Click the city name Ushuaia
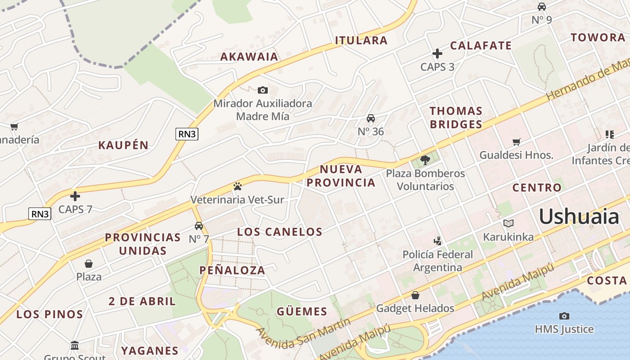[579, 216]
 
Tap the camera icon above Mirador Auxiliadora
[263, 90]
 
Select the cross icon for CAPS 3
[437, 54]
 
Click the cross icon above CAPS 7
[75, 196]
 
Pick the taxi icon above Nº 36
[371, 118]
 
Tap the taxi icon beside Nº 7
[198, 226]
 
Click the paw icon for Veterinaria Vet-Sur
[237, 186]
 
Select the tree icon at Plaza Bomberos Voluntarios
[425, 160]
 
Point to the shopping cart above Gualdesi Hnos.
[516, 142]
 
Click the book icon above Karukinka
[508, 224]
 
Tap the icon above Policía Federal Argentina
[437, 241]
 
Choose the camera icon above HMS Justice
[564, 316]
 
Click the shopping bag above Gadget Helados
[415, 295]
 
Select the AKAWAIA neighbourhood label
[249, 57]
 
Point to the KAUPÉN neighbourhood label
[123, 145]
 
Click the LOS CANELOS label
[280, 232]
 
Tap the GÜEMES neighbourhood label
[301, 311]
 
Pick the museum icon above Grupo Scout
[75, 346]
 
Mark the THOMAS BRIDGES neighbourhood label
[456, 117]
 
